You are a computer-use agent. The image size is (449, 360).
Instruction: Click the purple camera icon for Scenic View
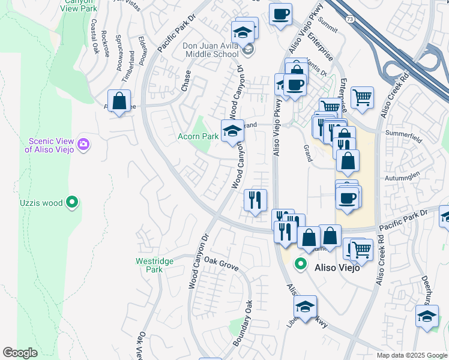click(83, 144)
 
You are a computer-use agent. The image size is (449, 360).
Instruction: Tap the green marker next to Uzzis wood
click(72, 202)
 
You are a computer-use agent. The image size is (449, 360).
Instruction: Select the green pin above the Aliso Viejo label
click(300, 263)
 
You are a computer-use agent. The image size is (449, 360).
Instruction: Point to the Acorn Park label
click(198, 136)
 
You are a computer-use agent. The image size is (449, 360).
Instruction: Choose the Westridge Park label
click(154, 265)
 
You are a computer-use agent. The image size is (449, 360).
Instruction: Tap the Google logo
click(20, 353)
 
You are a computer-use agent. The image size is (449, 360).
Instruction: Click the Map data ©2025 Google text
click(411, 355)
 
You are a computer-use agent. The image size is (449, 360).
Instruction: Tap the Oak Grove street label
click(221, 263)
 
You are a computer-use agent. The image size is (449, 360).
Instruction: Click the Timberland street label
click(128, 69)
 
